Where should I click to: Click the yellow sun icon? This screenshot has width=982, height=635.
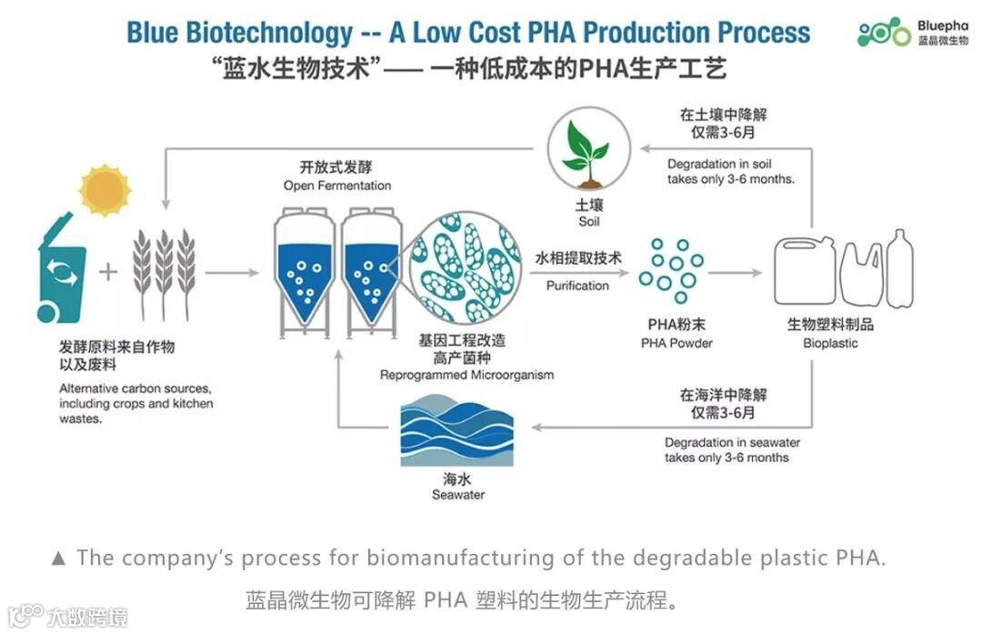pos(105,189)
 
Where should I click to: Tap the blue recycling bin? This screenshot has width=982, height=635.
pos(62,273)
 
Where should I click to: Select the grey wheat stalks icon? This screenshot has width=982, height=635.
pos(165,267)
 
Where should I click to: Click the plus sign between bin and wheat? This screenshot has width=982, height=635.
pos(108,272)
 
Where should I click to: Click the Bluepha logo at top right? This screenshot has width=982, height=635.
pos(913,32)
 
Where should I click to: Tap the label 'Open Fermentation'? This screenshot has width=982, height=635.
pos(337,186)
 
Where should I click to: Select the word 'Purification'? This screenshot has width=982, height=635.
pos(577,286)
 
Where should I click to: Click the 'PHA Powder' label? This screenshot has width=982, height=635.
pos(676,343)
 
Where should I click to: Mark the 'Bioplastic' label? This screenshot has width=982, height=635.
pos(830,343)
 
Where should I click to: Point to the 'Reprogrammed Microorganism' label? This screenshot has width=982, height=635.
pos(466,375)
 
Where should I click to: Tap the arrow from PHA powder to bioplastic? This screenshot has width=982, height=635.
pos(735,272)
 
